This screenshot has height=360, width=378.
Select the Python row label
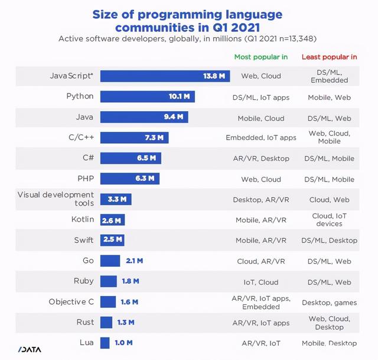pyautogui.click(x=80, y=96)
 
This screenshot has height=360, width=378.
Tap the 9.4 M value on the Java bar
pyautogui.click(x=174, y=117)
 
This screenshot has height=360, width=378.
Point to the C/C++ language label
pyautogui.click(x=81, y=137)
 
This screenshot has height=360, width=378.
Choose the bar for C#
pyautogui.click(x=130, y=158)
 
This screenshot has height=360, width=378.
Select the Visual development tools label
pyautogui.click(x=56, y=199)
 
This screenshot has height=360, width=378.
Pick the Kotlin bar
pyautogui.click(x=112, y=220)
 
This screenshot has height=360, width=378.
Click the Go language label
pyautogui.click(x=88, y=260)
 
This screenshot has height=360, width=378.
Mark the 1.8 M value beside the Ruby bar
pyautogui.click(x=131, y=281)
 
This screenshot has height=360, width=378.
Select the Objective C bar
pyautogui.click(x=107, y=301)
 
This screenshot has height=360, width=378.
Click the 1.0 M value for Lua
pyautogui.click(x=123, y=342)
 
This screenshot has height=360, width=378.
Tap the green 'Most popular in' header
pyautogui.click(x=260, y=57)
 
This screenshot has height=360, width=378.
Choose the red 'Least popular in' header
pyautogui.click(x=329, y=57)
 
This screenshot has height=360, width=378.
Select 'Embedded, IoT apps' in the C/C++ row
pyautogui.click(x=260, y=137)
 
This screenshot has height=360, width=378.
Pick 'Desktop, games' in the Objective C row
pyautogui.click(x=329, y=302)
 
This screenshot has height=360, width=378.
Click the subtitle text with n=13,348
pyautogui.click(x=188, y=39)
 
